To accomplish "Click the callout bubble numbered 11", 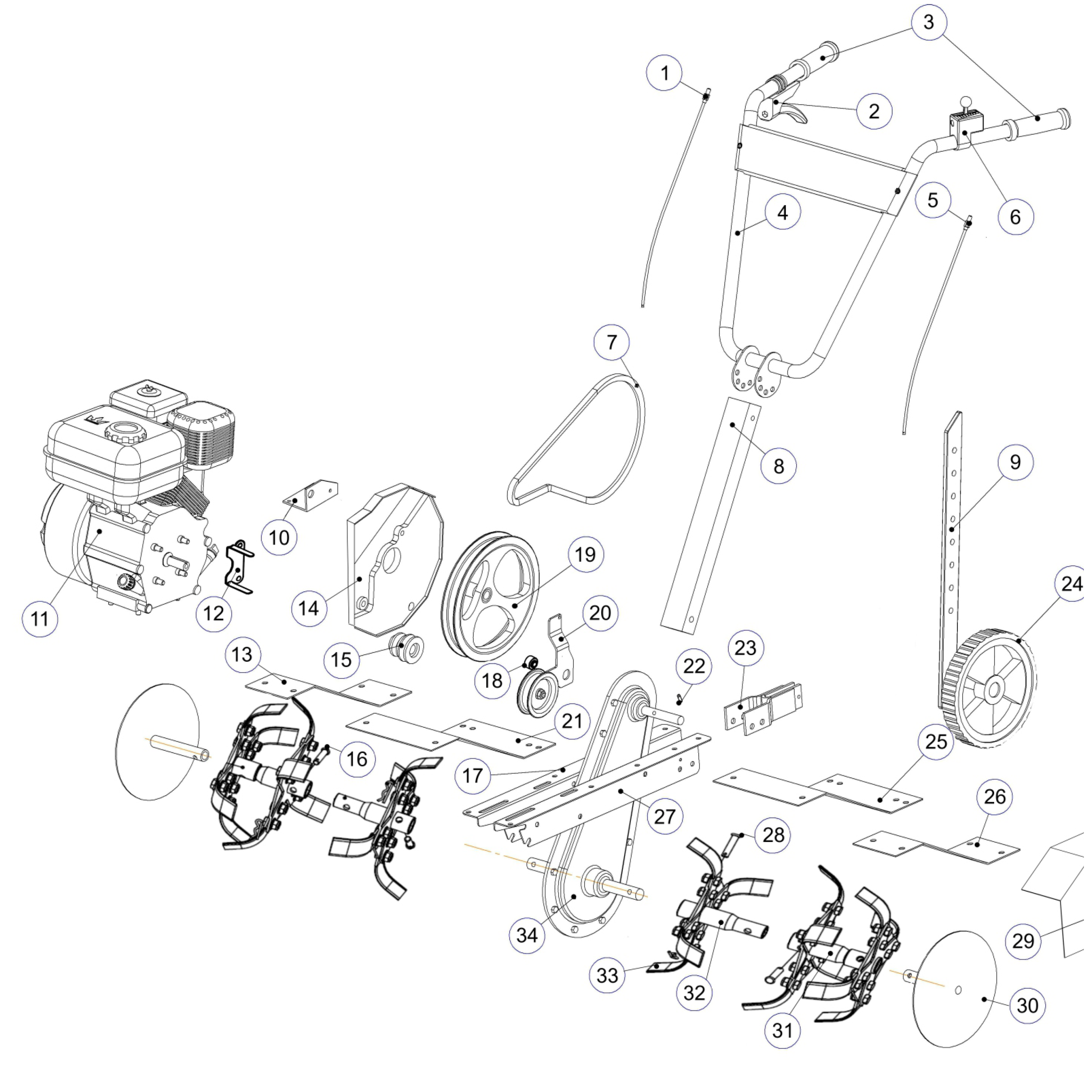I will (x=40, y=619).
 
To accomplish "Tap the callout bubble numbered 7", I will (x=612, y=342).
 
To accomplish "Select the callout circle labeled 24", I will (x=1072, y=584).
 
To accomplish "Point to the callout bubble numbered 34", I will (x=527, y=935).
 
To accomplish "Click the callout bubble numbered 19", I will (x=586, y=555).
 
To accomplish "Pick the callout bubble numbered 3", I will (x=929, y=22).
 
